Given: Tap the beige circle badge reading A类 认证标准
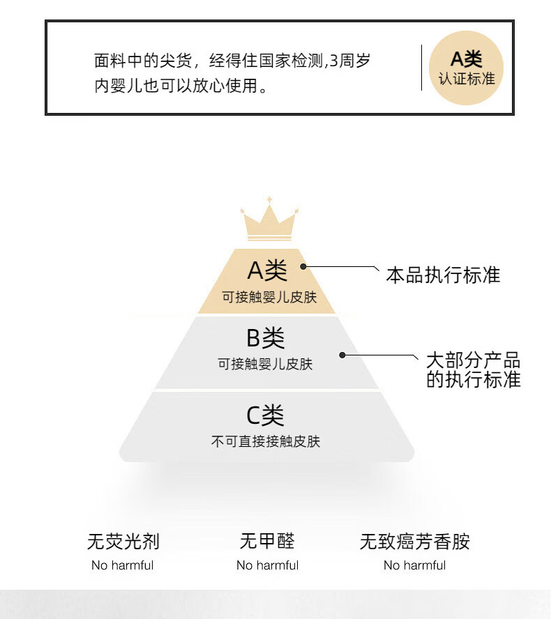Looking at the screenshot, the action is coord(466,68).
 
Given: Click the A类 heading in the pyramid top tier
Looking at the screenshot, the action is coord(267,270).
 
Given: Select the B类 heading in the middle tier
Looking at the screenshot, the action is coord(265,339).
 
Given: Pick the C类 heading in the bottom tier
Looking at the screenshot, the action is coord(265,416).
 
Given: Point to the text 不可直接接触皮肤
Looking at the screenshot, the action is coord(265,441).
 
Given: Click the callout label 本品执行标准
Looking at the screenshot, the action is coord(443,275).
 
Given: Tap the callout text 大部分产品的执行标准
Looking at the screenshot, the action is coord(474,370).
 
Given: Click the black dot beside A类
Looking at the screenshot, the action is coord(304,266).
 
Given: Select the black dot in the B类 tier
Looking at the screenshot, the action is coord(342,355).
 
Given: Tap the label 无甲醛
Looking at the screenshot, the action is coord(267,542).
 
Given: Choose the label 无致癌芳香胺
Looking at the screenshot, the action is coord(415,542).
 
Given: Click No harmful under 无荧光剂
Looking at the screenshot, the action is coord(122,565).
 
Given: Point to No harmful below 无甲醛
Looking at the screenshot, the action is coord(267,565).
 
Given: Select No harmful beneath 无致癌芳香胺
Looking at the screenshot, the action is coord(414,565).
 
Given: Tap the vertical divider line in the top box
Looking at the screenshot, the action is coord(421,68).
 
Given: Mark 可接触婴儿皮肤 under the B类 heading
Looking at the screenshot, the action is coord(265,365).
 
